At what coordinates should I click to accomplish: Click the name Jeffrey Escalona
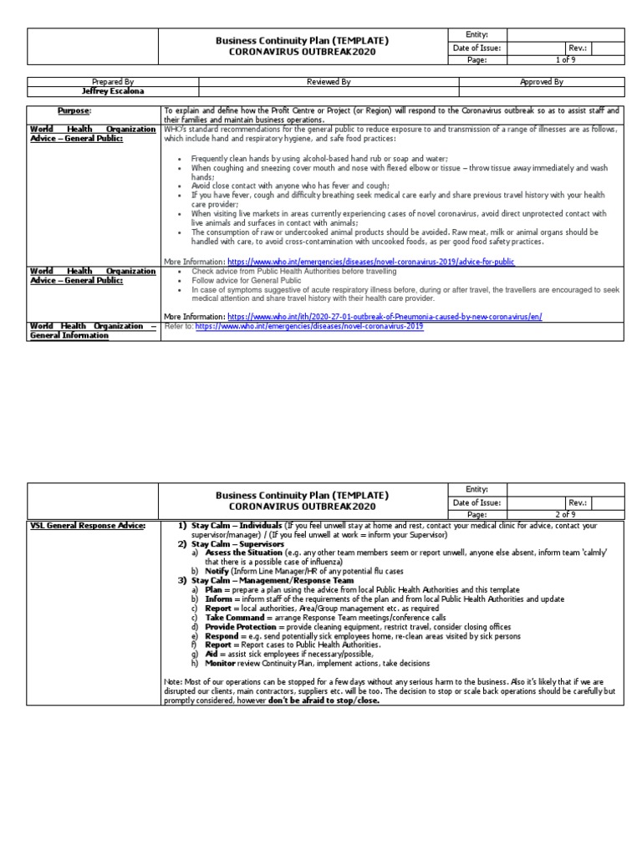click(x=113, y=92)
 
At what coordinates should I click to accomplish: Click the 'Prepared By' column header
click(x=113, y=82)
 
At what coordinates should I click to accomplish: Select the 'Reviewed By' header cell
click(x=329, y=82)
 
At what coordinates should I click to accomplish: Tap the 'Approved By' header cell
click(x=542, y=82)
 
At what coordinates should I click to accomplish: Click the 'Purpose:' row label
click(x=74, y=111)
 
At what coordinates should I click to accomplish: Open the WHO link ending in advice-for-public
click(x=371, y=262)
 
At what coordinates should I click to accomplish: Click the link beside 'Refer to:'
click(x=308, y=326)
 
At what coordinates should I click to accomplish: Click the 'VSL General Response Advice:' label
click(x=88, y=525)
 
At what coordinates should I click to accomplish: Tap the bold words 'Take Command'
click(x=236, y=617)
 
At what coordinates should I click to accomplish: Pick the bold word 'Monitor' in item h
click(x=222, y=663)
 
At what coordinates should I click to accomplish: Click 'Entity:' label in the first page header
click(x=476, y=33)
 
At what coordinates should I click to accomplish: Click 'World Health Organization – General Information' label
click(x=94, y=330)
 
